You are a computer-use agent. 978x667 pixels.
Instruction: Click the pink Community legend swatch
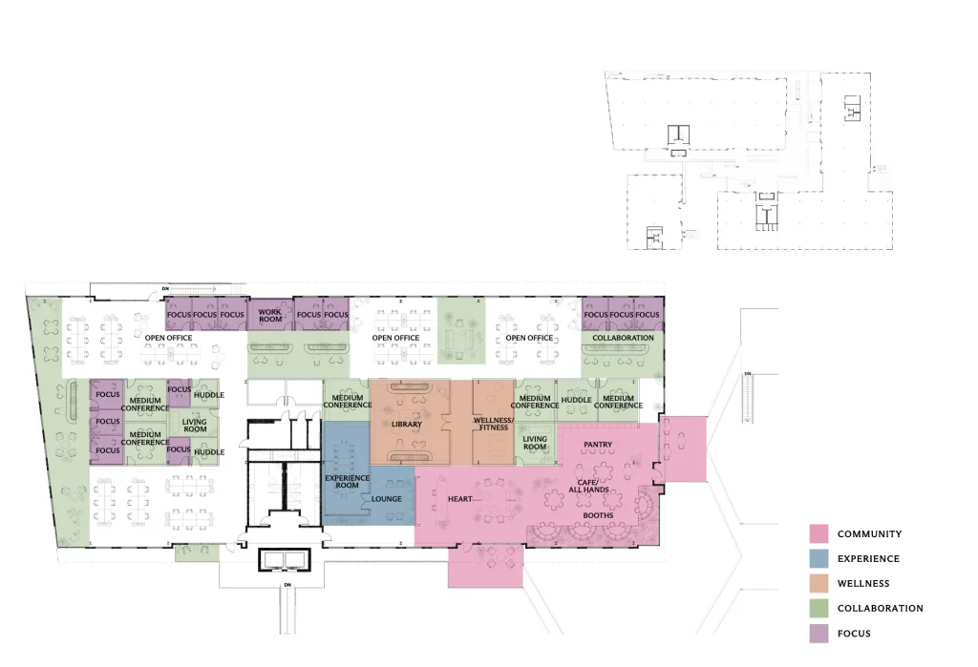[819, 533]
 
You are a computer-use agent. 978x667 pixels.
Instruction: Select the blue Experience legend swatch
[819, 558]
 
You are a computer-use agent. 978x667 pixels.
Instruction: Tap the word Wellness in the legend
[863, 583]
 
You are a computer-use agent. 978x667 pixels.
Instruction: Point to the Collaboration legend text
[880, 609]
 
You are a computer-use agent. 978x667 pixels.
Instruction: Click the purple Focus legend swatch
[819, 634]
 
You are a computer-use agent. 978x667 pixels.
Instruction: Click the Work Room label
[270, 316]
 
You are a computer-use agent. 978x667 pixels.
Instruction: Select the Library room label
[407, 424]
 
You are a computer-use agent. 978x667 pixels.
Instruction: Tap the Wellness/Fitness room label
[494, 424]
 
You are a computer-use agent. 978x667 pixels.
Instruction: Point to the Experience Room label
[348, 481]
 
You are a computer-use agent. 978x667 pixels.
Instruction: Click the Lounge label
[387, 499]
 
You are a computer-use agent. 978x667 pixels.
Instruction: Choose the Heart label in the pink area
[459, 499]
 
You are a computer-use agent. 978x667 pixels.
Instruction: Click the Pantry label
[598, 445]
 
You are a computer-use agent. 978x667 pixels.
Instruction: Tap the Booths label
[598, 515]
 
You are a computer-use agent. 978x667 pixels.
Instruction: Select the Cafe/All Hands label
[588, 486]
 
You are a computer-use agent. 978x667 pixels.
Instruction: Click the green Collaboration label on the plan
[623, 338]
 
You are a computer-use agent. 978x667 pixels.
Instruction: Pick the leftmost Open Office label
[168, 338]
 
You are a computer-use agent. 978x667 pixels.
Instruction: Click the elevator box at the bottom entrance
[284, 559]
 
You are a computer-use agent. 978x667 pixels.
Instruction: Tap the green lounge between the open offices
[461, 330]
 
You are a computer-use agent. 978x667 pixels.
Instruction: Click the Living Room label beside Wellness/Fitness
[535, 443]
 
